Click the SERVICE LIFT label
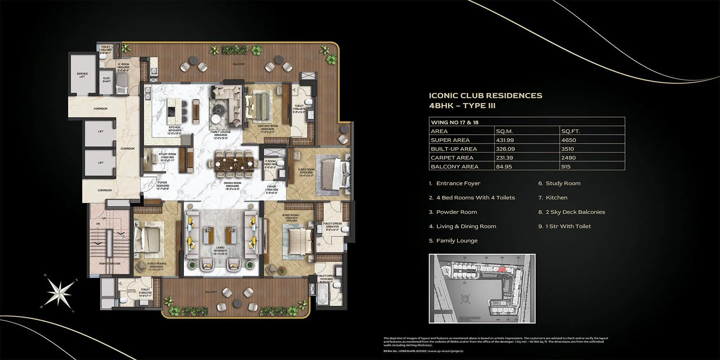tap(82, 75)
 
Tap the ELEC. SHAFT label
tap(107, 80)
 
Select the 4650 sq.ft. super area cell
tap(568, 140)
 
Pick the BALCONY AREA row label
tap(454, 166)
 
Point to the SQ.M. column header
tap(504, 131)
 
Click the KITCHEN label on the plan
tap(174, 130)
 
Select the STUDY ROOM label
tap(167, 156)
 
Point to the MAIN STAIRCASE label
tap(110, 264)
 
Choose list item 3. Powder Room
tap(453, 212)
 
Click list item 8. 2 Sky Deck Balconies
tap(572, 212)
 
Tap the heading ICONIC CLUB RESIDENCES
tap(485, 95)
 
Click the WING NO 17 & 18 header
tap(454, 122)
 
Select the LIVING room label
tap(220, 248)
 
